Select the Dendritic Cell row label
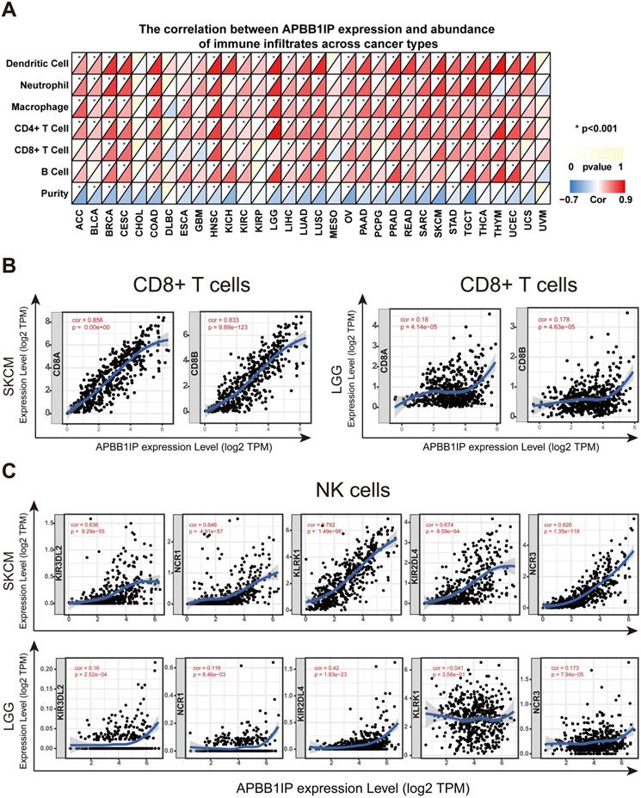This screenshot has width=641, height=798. pos(37,64)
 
